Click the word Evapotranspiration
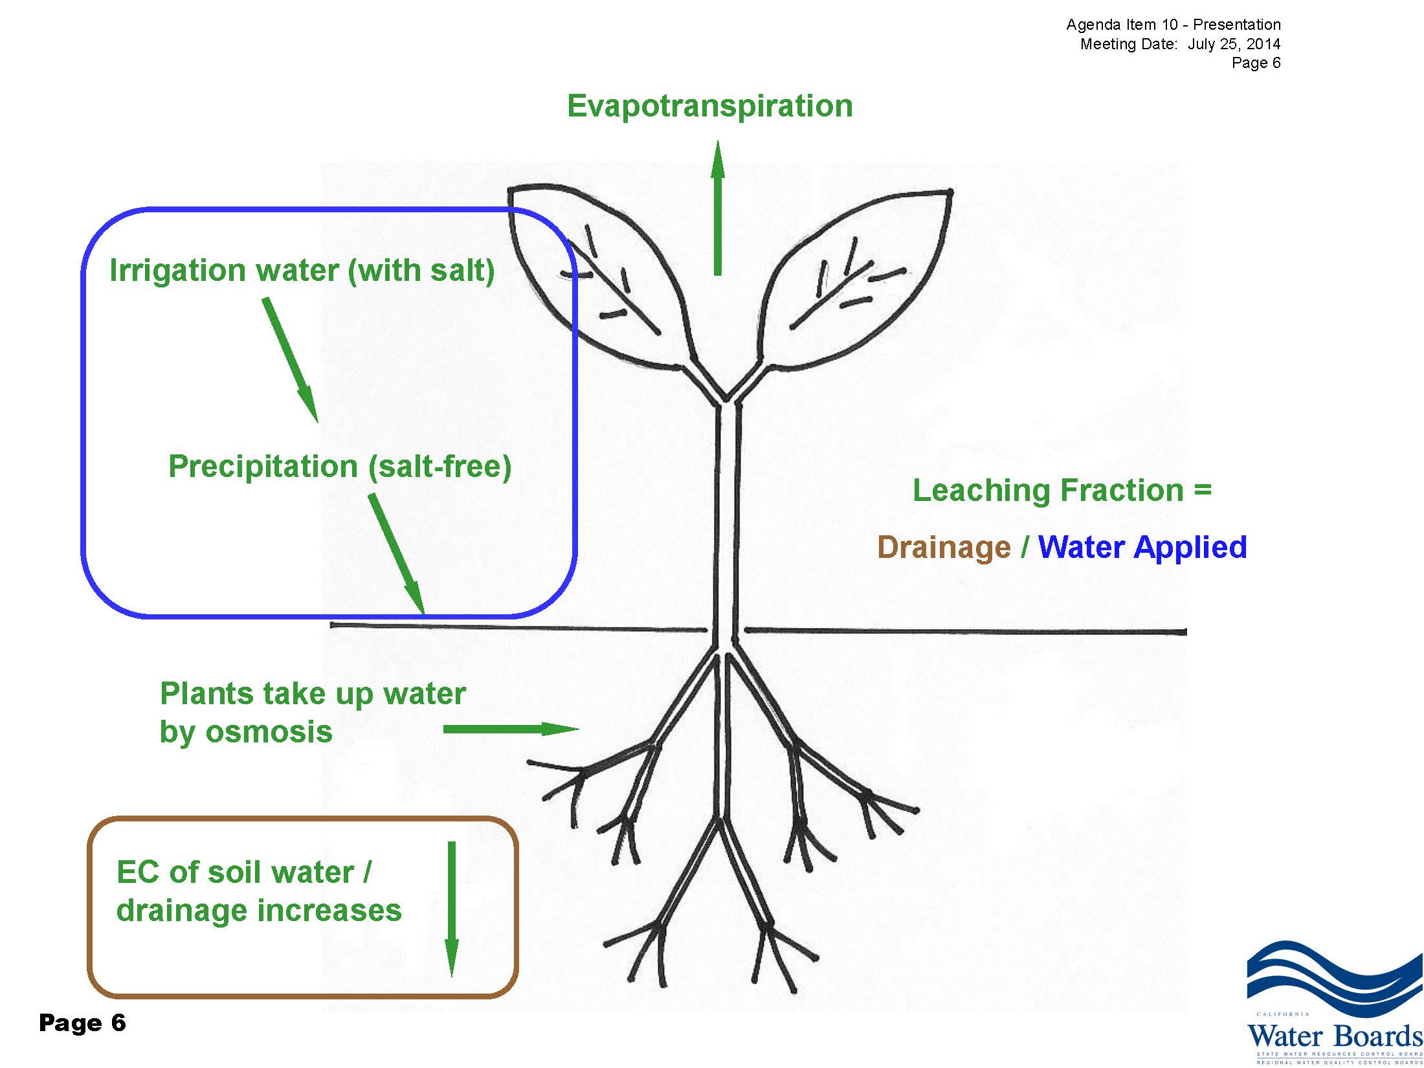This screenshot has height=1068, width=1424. pyautogui.click(x=709, y=106)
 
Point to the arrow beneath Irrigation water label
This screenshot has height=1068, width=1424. pyautogui.click(x=290, y=360)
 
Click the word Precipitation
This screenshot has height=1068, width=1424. pyautogui.click(x=263, y=466)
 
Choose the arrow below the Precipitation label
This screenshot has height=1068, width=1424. pyautogui.click(x=397, y=553)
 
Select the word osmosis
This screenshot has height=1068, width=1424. pyautogui.click(x=268, y=732)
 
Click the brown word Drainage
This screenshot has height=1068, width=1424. pyautogui.click(x=944, y=548)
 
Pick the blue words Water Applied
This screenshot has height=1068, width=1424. pyautogui.click(x=1142, y=548)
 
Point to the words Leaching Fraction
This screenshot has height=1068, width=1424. pyautogui.click(x=1049, y=491)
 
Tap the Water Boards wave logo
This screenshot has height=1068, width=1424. pyautogui.click(x=1333, y=977)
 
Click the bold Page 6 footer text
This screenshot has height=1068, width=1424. pyautogui.click(x=82, y=1023)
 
